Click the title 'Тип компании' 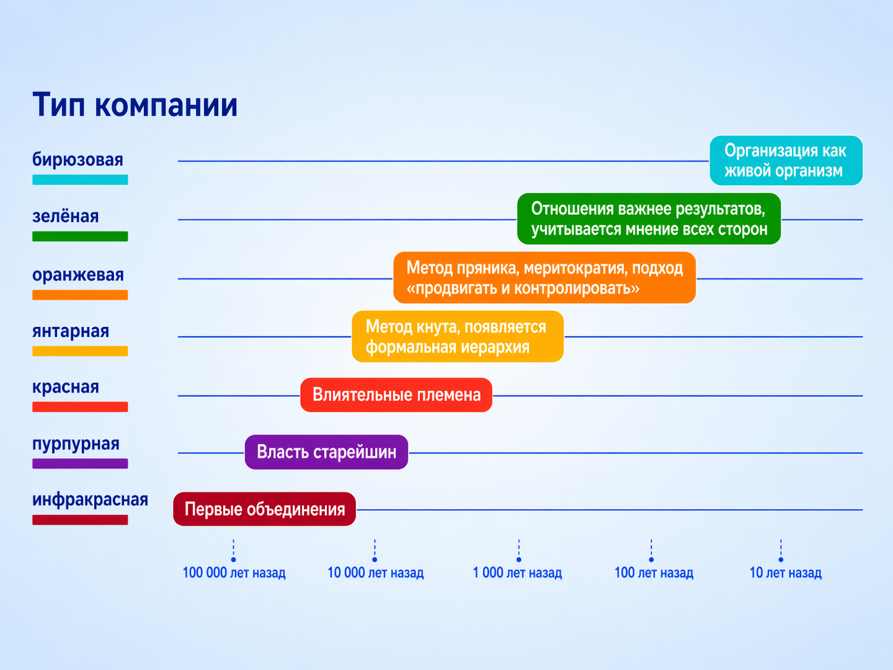coord(134,104)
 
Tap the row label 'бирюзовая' coord(78,160)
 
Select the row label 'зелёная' coord(65,217)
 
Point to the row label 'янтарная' coord(70,331)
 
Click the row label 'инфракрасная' coord(90,500)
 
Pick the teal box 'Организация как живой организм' coord(786,160)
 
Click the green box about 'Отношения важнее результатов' coord(649,219)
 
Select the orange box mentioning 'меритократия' coord(545,278)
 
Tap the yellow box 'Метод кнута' coord(458,336)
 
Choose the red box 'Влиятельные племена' coord(396,395)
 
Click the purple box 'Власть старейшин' coord(326,452)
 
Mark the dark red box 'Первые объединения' coord(265,509)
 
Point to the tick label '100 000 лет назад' coord(234,573)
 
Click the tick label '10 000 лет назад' coord(376,573)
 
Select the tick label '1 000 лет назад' coord(517,573)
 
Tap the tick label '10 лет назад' coord(785,573)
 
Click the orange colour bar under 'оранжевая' coord(80,295)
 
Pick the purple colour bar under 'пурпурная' coord(80,463)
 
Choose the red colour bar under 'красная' coord(80,407)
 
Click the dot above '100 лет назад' coord(651,560)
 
